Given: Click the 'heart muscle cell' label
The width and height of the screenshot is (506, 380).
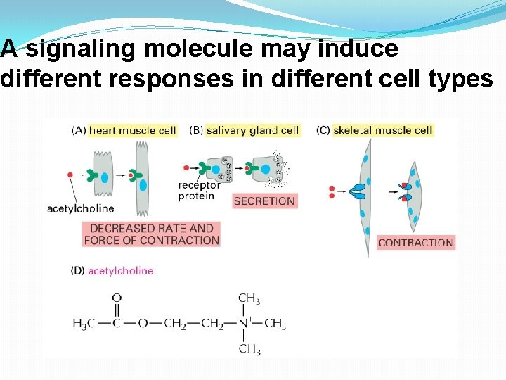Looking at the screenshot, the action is coord(132,130).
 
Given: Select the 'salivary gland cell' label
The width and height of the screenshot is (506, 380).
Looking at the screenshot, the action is coord(252,130).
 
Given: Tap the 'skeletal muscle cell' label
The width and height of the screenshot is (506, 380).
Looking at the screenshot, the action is coord(382,130).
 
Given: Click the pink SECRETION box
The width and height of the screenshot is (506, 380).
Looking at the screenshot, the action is coord(264,201).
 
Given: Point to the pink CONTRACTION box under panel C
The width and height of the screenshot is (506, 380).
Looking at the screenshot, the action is coord(415,243).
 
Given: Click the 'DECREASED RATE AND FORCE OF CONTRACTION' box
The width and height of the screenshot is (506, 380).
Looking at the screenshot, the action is coord(151,234).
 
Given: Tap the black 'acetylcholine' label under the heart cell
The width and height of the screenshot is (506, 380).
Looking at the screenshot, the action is coord(80,208).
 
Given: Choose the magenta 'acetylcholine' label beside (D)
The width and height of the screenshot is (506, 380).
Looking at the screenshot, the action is coord(120,271).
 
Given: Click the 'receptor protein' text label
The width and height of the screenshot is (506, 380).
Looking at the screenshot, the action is coord(200,190).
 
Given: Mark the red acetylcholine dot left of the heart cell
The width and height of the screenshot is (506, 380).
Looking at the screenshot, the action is coord(70,174).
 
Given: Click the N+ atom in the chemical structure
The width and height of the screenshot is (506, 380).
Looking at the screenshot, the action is coord(247,324).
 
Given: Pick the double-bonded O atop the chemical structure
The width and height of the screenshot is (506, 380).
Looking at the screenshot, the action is coord(117,298).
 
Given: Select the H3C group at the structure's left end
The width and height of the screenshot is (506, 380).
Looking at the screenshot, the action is coord(82,324).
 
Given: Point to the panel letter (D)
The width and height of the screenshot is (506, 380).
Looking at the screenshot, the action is coord(78,271).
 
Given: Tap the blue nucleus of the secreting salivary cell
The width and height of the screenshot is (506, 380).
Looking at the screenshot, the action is coord(266,169).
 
